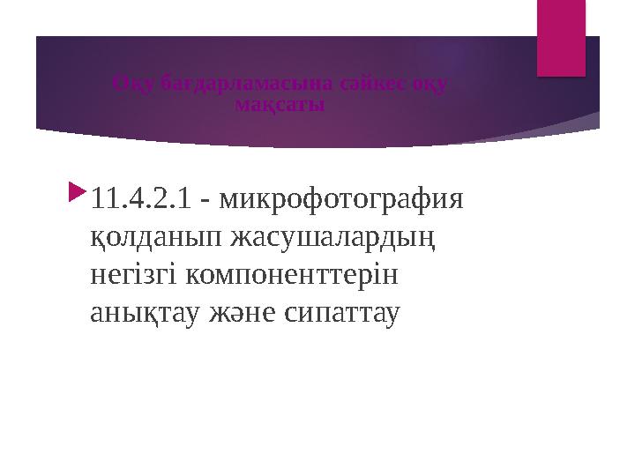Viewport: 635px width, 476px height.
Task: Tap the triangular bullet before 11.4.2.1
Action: point(78,191)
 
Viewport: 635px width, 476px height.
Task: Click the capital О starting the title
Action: point(121,85)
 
